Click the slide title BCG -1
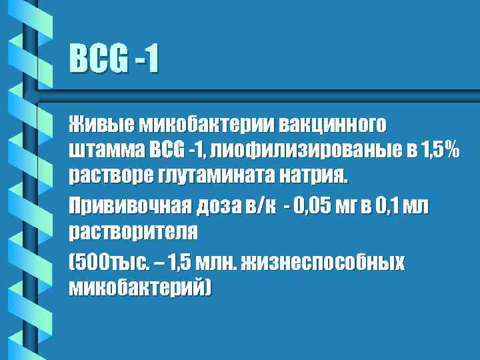[114, 59]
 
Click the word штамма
[104, 151]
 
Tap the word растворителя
[133, 232]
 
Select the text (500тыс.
[103, 261]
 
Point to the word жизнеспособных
[321, 261]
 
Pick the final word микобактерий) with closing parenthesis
[139, 287]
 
